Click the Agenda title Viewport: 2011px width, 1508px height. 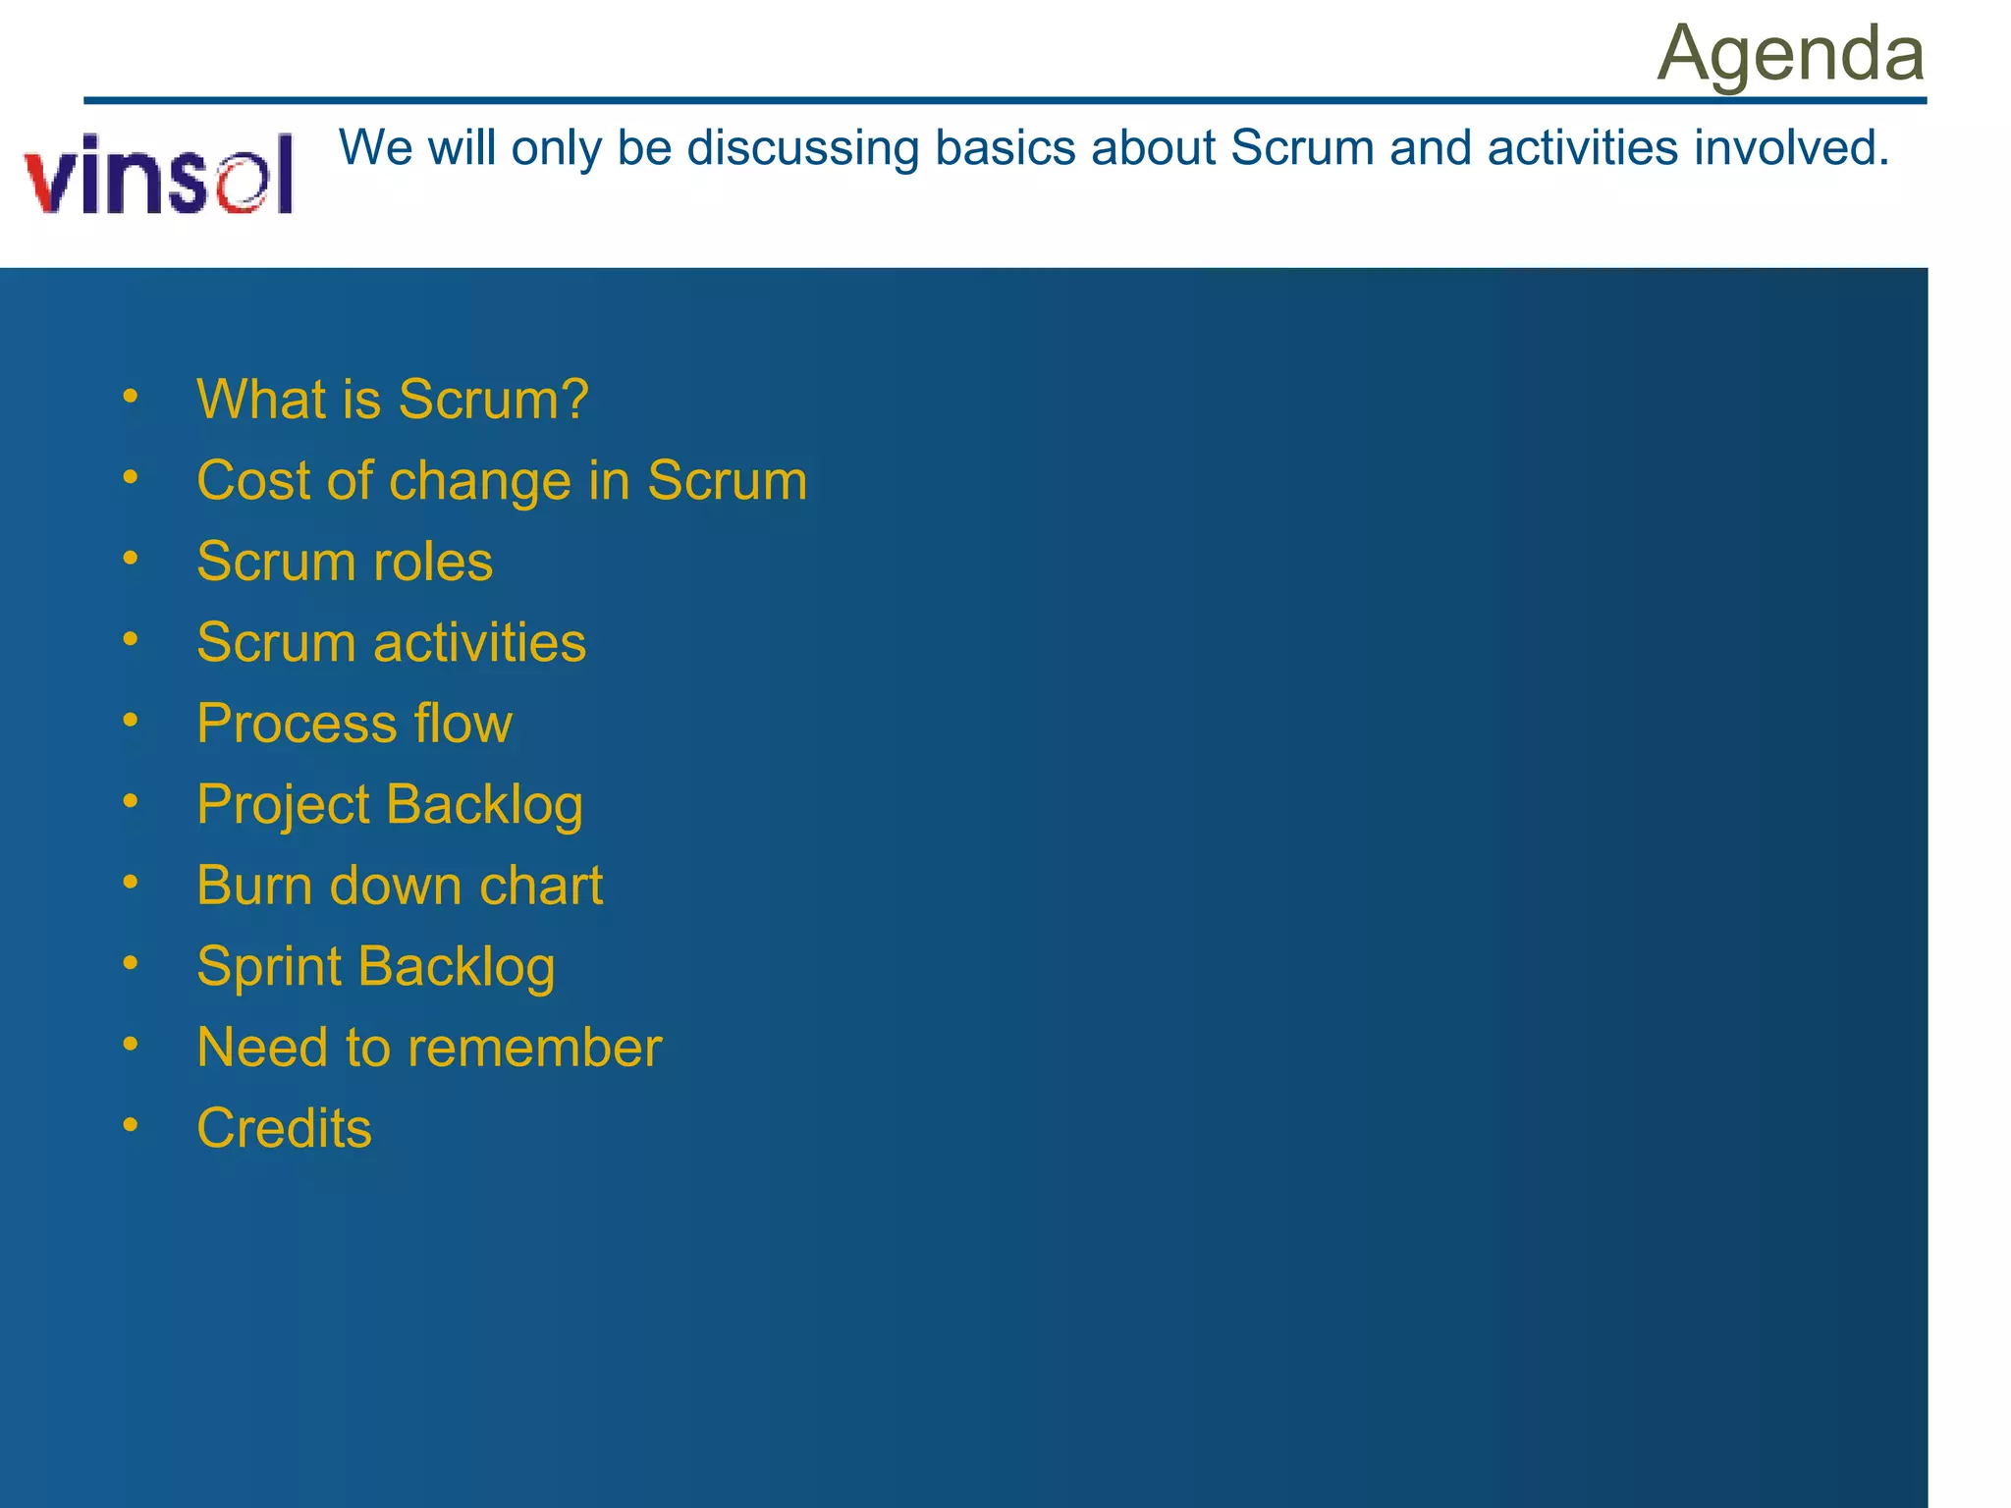click(1790, 53)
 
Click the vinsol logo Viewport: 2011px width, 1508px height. click(159, 175)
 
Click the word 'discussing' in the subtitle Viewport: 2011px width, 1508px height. click(802, 149)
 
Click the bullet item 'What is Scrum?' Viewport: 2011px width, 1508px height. click(392, 400)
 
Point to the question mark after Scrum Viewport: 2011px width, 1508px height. click(573, 399)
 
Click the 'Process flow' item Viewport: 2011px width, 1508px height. click(354, 724)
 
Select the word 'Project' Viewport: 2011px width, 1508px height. click(283, 806)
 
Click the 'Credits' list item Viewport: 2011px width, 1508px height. click(284, 1128)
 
